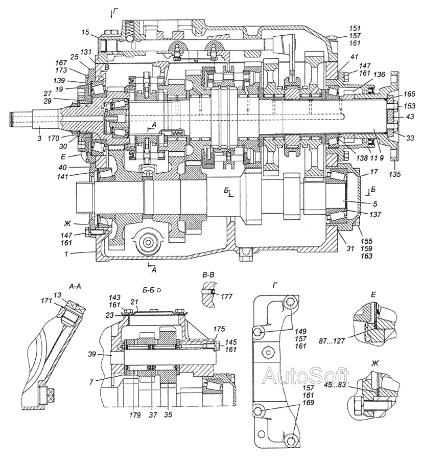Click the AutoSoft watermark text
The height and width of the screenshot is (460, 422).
[x=306, y=376]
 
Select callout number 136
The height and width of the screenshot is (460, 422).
[x=379, y=75]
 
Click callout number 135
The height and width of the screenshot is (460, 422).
[x=395, y=174]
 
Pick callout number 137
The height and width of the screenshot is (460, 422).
[x=375, y=215]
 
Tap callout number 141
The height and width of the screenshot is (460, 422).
[x=62, y=176]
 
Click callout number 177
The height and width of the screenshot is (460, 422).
[x=226, y=296]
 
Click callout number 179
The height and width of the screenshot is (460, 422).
[x=135, y=415]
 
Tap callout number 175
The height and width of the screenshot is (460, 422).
[x=219, y=329]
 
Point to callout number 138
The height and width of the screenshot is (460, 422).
[x=362, y=158]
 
